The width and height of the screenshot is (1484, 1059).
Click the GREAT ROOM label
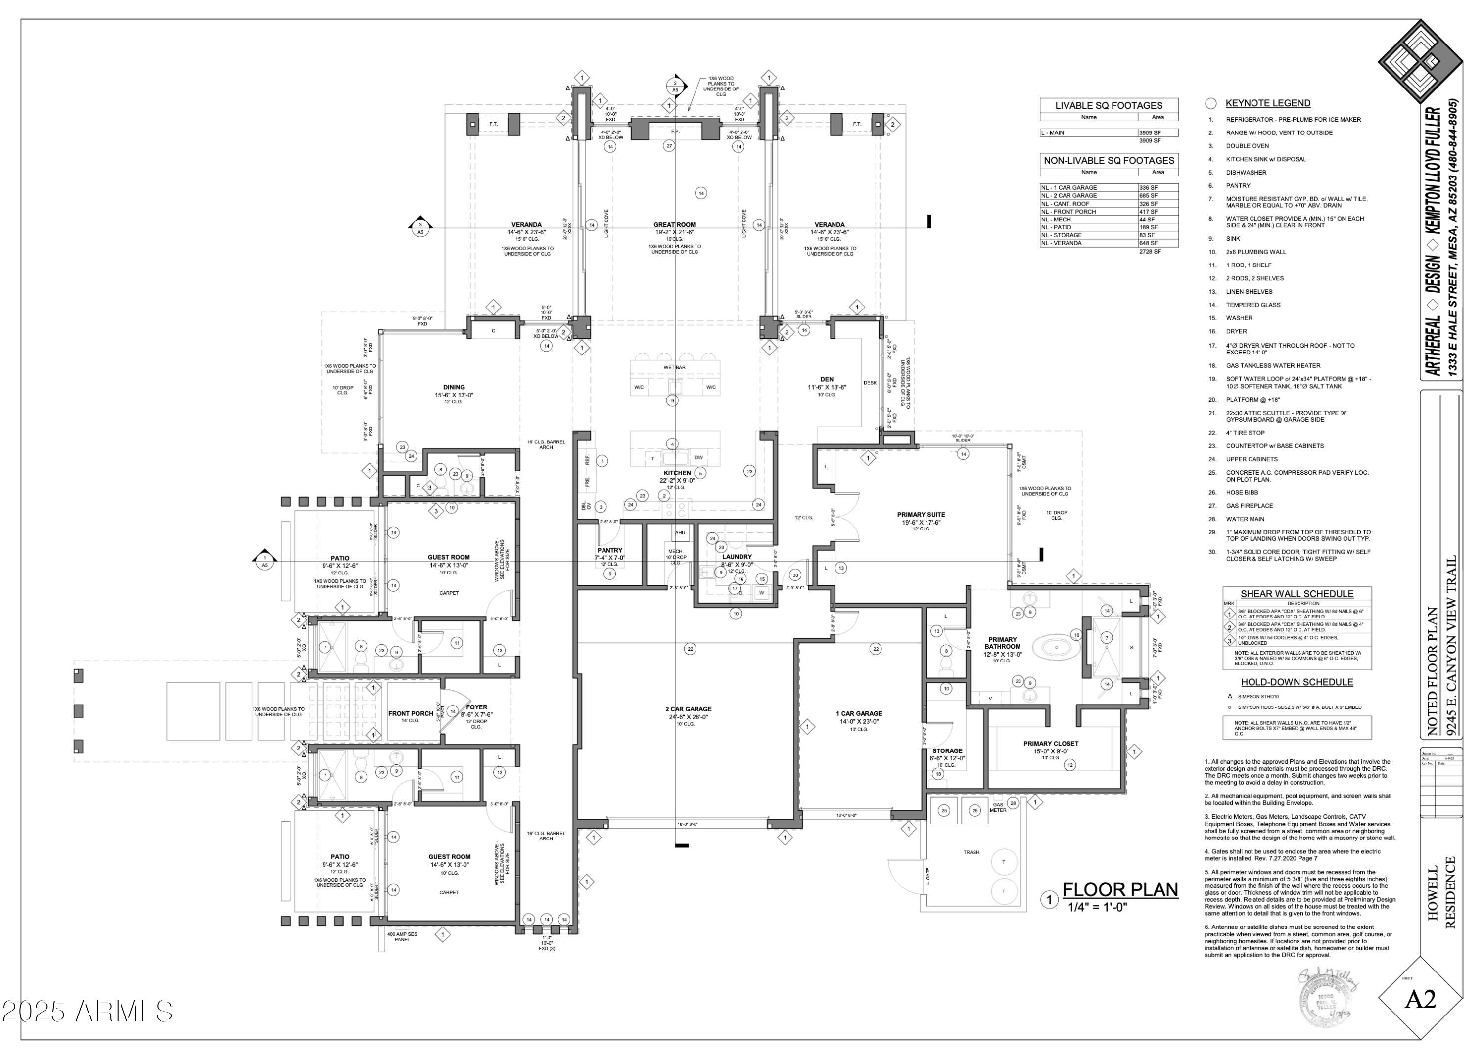tap(675, 224)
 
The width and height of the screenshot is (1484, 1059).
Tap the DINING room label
tap(454, 387)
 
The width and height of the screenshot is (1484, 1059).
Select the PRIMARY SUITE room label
tap(921, 515)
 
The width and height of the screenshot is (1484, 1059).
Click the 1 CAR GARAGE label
tap(859, 713)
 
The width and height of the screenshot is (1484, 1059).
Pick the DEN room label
tap(827, 379)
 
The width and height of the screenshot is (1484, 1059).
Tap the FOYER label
tap(476, 707)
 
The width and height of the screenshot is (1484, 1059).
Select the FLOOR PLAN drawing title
tap(1120, 890)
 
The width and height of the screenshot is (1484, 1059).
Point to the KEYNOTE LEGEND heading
tap(1267, 103)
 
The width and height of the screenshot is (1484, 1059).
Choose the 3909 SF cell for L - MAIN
tap(1157, 132)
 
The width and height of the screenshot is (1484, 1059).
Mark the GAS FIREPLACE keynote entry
tap(1249, 505)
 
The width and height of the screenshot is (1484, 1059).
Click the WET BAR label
tap(675, 367)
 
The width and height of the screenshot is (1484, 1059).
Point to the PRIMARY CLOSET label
tap(1050, 744)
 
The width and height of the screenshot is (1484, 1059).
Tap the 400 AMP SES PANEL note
tap(402, 936)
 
